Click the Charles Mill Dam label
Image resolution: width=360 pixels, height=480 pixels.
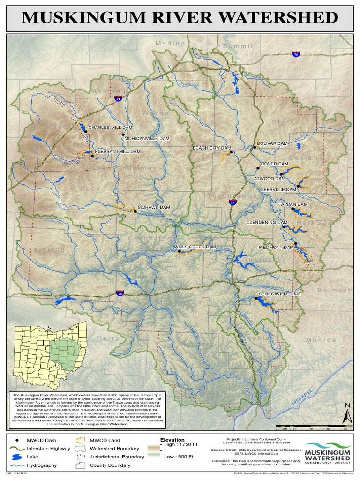[111, 127]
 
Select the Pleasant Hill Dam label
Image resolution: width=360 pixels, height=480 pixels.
[118, 152]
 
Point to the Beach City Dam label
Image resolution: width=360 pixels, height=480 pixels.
[212, 148]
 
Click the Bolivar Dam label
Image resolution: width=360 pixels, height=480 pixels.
[272, 143]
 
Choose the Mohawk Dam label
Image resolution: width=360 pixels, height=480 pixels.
[154, 207]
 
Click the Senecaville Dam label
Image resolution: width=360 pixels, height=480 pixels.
[279, 294]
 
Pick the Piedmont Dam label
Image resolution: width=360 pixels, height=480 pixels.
[276, 247]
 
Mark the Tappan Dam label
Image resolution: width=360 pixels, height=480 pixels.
[293, 205]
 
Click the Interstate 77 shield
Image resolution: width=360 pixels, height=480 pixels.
[232, 202]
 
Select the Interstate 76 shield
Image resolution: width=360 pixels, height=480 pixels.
[296, 54]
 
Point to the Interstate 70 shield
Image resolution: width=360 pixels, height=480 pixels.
[120, 293]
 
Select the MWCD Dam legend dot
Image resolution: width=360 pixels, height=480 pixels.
[17, 441]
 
